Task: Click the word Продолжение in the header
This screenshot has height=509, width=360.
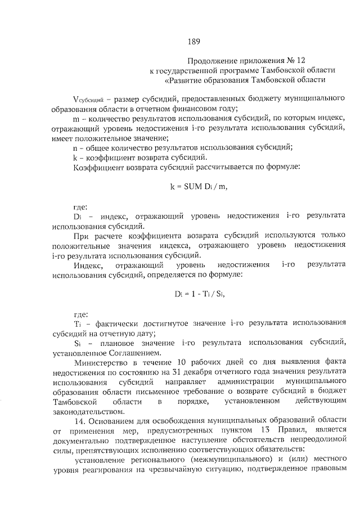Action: [209, 60]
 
